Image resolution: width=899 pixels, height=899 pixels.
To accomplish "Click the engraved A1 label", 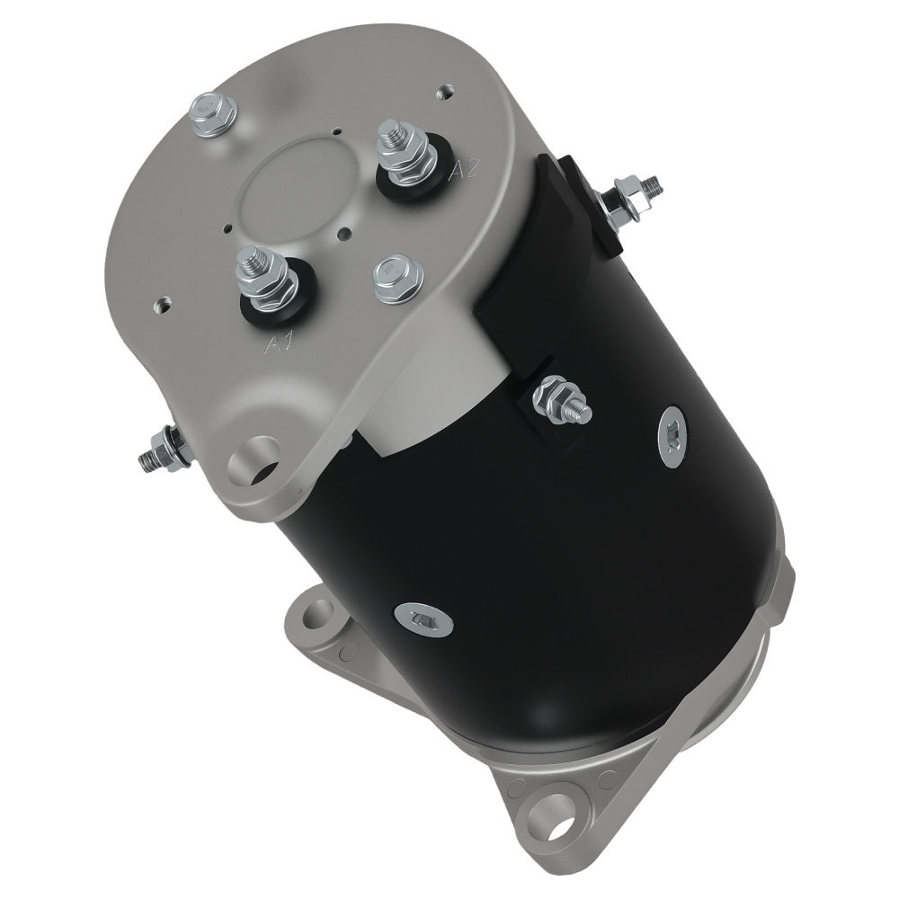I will pos(280,343).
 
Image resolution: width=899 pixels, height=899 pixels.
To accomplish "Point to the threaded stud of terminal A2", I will pos(393,134).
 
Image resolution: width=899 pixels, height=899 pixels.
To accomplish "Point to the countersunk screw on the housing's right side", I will pos(670,438).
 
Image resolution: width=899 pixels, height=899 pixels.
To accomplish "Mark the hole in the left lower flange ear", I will pos(316,618).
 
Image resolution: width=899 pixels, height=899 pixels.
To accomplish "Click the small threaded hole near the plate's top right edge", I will pos(443,91).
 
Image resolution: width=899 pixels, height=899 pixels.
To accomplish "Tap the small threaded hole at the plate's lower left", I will pos(162,302).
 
